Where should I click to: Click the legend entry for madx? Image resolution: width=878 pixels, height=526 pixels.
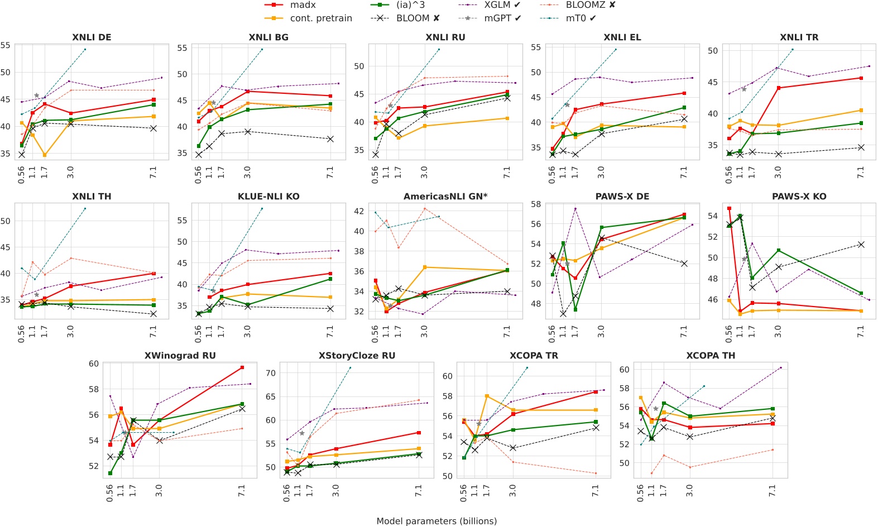(x=303, y=5)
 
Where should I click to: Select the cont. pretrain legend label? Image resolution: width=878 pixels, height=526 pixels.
(x=321, y=18)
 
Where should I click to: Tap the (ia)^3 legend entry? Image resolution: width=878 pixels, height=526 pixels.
(x=410, y=5)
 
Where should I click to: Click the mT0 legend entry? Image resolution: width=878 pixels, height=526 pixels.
(x=580, y=18)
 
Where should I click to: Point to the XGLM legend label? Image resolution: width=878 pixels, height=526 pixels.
(x=497, y=5)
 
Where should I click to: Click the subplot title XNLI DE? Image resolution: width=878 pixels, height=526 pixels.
(x=92, y=37)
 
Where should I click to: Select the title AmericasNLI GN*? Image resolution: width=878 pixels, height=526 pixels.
(x=445, y=197)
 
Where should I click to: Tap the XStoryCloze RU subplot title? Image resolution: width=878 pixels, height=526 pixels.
(x=357, y=356)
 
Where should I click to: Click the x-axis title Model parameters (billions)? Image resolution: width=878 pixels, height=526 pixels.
(x=436, y=521)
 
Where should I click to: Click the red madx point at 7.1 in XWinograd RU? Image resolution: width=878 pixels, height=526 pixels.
(x=242, y=367)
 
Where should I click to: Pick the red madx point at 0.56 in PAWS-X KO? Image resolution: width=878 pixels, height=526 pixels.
(x=729, y=208)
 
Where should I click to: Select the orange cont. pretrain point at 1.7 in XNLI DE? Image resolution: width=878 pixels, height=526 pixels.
(x=45, y=155)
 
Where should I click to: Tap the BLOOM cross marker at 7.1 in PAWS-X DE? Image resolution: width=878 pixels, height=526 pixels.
(x=684, y=264)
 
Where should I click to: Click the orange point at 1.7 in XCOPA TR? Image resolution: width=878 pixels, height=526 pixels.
(x=487, y=396)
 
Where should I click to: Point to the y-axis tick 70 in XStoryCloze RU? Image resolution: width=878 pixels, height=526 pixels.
(x=271, y=373)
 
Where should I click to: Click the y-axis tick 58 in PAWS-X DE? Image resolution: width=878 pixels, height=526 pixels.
(x=536, y=204)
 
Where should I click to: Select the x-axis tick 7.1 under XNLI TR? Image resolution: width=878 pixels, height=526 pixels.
(x=861, y=173)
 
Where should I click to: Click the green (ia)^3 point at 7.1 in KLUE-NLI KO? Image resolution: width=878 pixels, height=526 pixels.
(x=330, y=279)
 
